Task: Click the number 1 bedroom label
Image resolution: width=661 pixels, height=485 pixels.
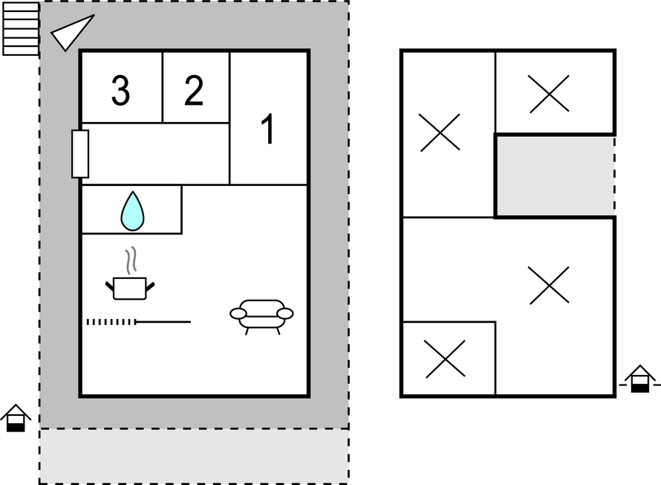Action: (269, 129)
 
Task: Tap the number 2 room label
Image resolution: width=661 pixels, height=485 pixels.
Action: (194, 90)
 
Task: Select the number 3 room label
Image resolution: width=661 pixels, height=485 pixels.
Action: (120, 90)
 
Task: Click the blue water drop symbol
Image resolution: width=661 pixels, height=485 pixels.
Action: (132, 211)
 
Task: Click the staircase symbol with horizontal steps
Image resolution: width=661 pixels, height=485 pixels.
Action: (21, 29)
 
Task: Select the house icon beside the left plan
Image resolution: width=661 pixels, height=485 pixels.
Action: (16, 418)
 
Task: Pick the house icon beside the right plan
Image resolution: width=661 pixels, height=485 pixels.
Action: (640, 379)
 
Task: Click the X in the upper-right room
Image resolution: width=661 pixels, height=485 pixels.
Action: (550, 94)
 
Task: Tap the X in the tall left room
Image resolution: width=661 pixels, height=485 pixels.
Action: (440, 132)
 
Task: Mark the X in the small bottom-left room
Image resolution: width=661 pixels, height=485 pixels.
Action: (446, 359)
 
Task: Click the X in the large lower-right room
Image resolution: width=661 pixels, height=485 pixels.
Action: (550, 286)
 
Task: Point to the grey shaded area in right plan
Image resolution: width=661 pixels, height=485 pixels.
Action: (556, 176)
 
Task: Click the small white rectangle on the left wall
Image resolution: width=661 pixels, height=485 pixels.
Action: (80, 154)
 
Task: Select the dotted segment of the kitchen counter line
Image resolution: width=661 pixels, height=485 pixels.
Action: (111, 322)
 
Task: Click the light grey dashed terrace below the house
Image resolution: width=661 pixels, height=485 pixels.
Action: (194, 456)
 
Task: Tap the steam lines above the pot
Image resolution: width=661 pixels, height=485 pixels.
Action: (131, 260)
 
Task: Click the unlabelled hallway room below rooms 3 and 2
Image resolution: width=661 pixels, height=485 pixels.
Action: (155, 154)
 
